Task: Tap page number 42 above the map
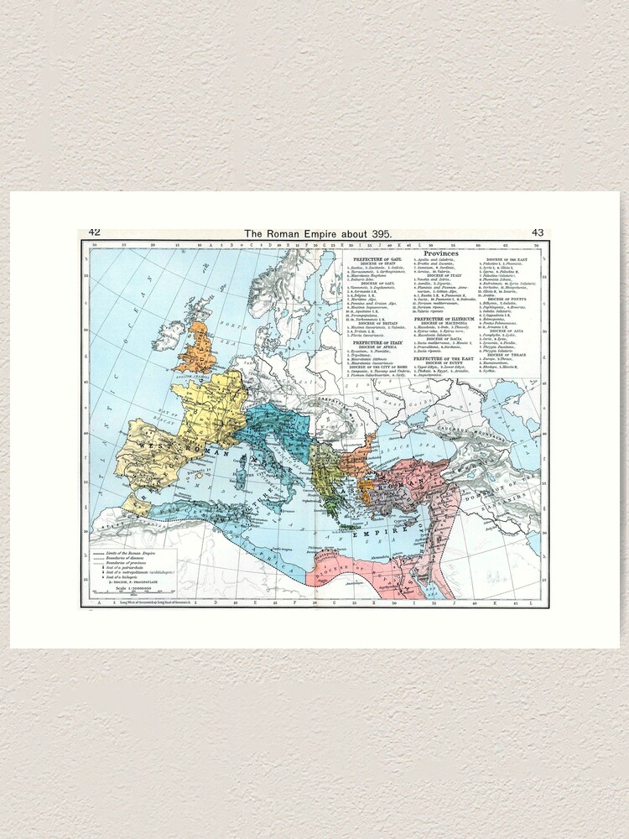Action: tap(94, 232)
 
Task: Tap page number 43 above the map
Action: tap(538, 232)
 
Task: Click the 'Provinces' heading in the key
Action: tap(440, 253)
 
